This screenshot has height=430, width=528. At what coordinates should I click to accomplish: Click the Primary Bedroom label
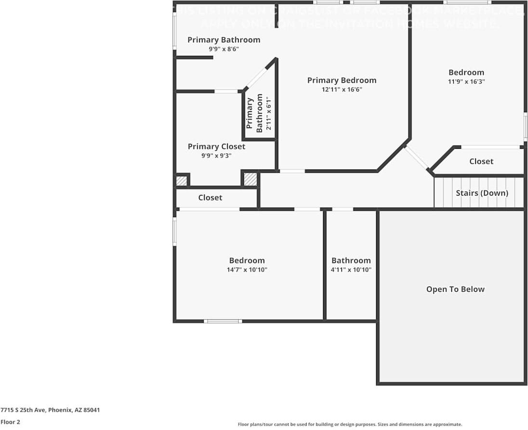click(x=341, y=80)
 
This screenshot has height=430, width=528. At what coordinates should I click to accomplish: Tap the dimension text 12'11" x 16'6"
click(x=341, y=90)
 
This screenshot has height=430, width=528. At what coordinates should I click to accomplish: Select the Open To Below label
click(x=455, y=289)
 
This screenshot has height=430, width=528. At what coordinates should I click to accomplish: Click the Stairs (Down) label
click(x=482, y=193)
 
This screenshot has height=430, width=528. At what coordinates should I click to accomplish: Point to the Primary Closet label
click(x=216, y=146)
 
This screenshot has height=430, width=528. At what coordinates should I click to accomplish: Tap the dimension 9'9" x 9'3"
click(x=216, y=156)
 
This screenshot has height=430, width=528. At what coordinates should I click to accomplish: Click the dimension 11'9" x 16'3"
click(x=466, y=82)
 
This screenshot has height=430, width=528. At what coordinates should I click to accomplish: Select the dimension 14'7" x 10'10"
click(x=247, y=270)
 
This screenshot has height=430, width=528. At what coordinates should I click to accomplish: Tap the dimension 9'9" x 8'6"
click(x=224, y=49)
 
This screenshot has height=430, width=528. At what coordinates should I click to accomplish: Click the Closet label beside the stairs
click(x=481, y=161)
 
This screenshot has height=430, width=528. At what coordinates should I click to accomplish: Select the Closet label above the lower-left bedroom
click(x=210, y=197)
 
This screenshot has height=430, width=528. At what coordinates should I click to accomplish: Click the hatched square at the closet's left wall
click(x=181, y=181)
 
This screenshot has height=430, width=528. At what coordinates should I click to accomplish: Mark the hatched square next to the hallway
click(x=250, y=179)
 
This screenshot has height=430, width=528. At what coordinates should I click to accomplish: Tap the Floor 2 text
click(x=10, y=422)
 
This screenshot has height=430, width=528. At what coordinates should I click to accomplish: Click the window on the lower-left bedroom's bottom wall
click(x=223, y=321)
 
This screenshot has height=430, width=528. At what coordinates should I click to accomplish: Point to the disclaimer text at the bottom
click(x=350, y=424)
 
